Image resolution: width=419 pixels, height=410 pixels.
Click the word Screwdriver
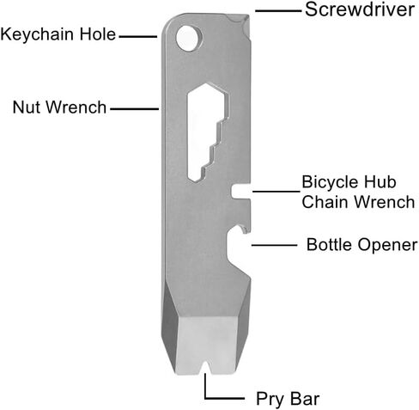coord(360,9)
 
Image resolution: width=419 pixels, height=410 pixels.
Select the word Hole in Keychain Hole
coord(98,34)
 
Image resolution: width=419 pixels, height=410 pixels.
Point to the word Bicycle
coord(329,182)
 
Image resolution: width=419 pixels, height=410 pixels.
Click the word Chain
coord(327,202)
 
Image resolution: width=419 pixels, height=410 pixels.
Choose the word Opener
coord(387,246)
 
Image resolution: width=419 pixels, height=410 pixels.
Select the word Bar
coord(305,398)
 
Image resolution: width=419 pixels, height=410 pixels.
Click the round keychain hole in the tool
coord(188,39)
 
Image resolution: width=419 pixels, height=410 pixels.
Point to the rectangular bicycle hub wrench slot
coord(242,192)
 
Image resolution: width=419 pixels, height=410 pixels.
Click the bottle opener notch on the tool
coord(238,249)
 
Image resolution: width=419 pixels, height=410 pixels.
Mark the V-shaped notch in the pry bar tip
coord(205,368)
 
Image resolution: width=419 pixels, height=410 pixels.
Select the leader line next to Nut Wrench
coord(135,109)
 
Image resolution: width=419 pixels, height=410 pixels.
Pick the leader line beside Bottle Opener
coord(275,245)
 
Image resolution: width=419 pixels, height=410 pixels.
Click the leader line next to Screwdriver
coord(278,11)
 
